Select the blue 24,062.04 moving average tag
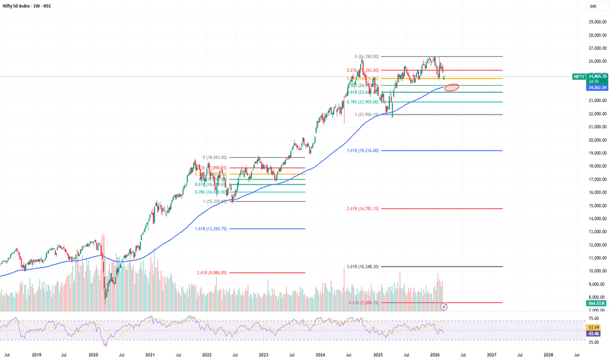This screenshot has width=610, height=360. pos(596,86)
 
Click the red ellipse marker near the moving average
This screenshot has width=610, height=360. pos(452,87)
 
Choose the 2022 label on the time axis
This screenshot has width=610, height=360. pos(207,354)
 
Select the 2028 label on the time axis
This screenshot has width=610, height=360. pos(548,354)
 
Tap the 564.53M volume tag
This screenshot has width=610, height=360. pos(596,303)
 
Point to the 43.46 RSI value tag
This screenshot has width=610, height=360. pos(595,333)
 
